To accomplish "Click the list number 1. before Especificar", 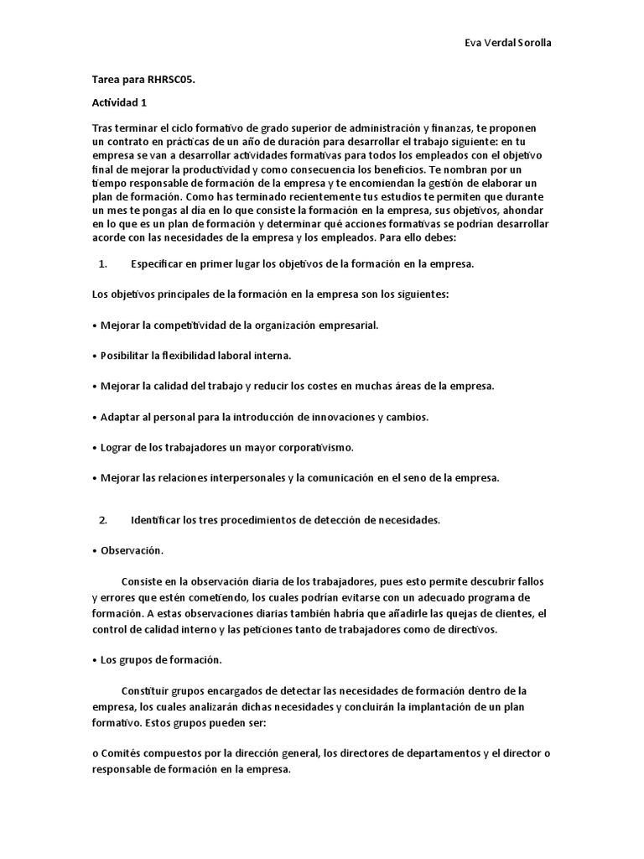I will (x=103, y=264).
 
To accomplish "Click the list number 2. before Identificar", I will (x=103, y=520).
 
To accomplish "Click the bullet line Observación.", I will (x=132, y=551).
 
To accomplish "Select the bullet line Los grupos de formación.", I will (x=160, y=660).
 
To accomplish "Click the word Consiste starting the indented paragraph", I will (x=143, y=581).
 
